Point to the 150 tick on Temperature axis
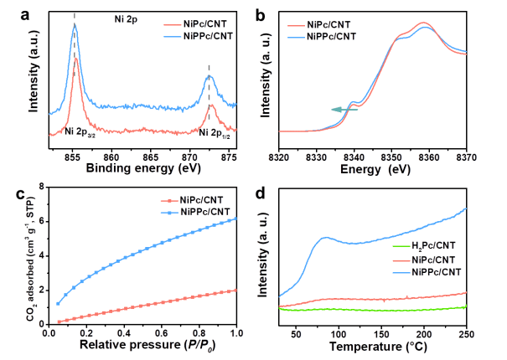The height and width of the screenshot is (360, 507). (381, 332)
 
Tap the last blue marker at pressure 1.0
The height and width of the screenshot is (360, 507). (236, 219)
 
